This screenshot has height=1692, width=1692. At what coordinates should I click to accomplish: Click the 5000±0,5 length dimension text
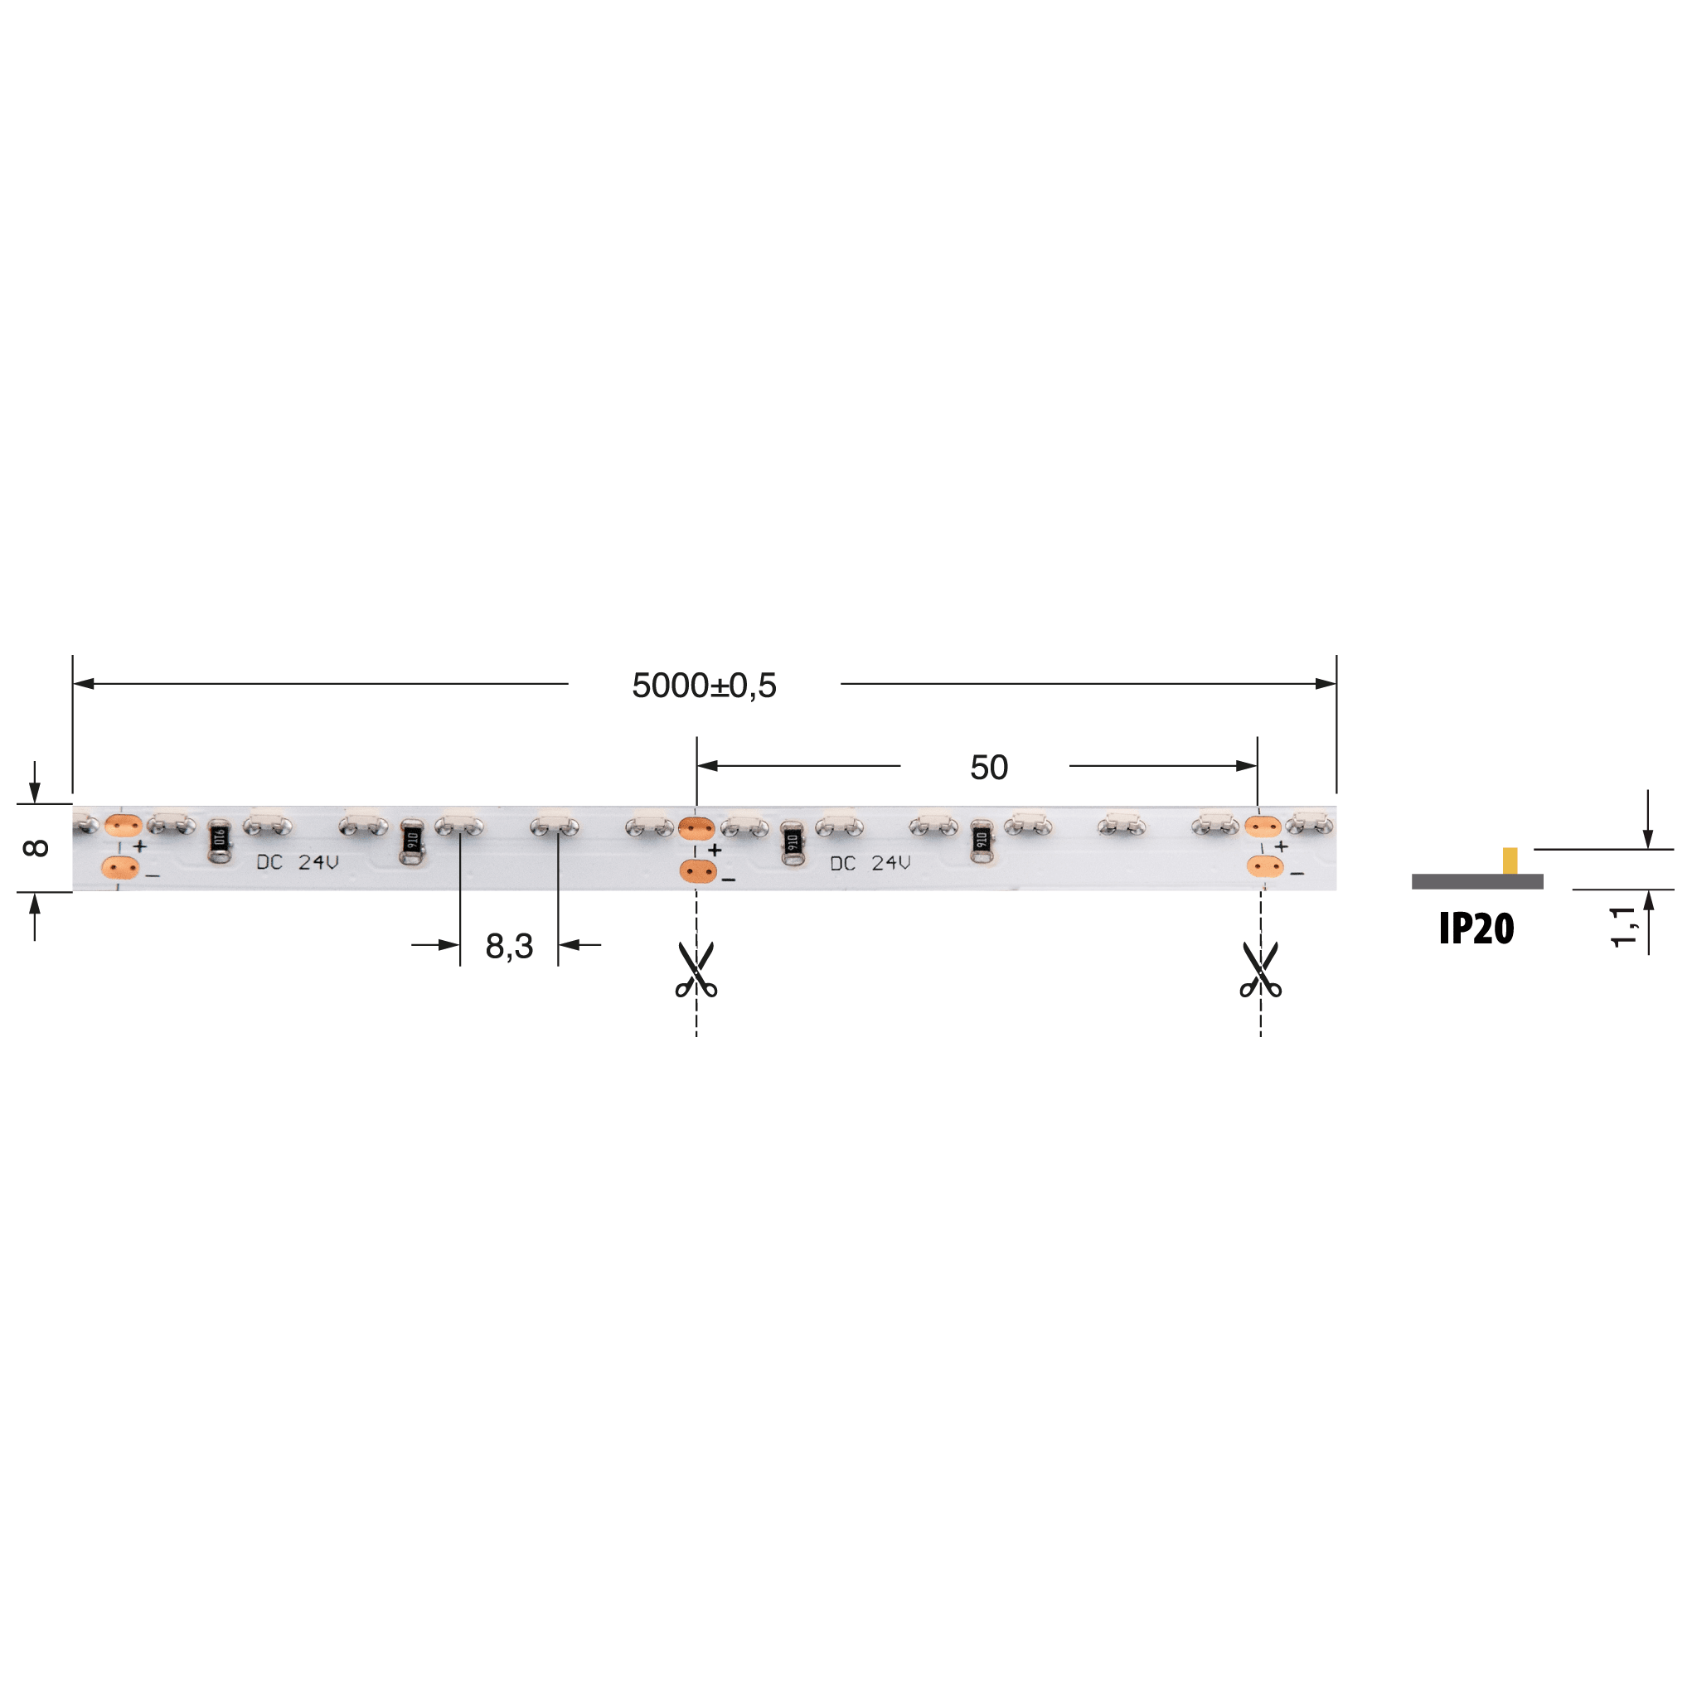[704, 686]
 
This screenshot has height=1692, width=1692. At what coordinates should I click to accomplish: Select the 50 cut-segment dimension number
[989, 767]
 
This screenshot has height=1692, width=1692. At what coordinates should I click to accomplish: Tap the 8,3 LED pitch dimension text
[509, 946]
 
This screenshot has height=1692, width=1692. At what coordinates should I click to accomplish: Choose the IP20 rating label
[1476, 929]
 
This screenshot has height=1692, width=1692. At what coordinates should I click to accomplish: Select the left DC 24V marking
[297, 863]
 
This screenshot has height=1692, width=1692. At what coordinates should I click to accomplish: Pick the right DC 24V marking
[870, 864]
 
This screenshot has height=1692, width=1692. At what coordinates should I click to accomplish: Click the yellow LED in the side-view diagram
[1510, 860]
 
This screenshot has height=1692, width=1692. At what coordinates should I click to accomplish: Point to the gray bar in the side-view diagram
[1476, 882]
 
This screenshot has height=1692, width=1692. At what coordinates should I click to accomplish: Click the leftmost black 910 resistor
[220, 841]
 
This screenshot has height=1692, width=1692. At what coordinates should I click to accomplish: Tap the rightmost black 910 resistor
[982, 841]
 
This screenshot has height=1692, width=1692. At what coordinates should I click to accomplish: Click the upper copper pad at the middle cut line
[697, 827]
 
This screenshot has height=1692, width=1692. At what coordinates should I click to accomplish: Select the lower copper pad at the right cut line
[1264, 867]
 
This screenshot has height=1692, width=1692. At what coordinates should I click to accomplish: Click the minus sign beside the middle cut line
[729, 880]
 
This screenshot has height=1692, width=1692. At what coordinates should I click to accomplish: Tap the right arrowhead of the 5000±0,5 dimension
[1326, 684]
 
